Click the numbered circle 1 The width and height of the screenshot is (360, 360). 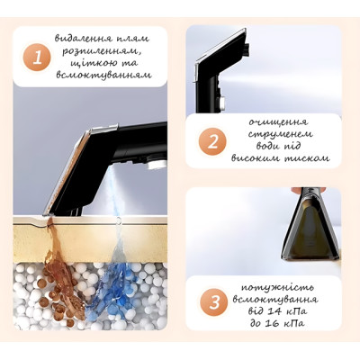pos(38,57)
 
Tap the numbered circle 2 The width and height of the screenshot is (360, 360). pos(212,141)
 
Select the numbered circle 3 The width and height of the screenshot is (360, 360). pos(214,302)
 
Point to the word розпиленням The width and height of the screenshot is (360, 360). pos(102,51)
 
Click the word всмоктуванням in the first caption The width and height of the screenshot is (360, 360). pos(103,75)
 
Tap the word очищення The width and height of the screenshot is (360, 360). pos(278,122)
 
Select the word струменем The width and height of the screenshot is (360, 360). pos(280,134)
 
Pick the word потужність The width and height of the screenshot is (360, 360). pos(277,287)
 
